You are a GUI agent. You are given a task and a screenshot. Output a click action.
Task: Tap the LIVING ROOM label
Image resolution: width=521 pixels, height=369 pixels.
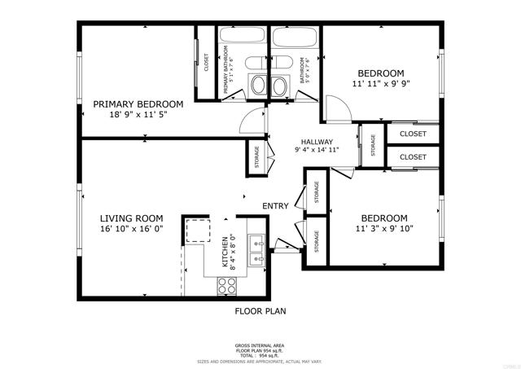(131, 218)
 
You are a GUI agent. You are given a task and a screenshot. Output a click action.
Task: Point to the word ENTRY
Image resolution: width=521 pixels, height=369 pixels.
(275, 206)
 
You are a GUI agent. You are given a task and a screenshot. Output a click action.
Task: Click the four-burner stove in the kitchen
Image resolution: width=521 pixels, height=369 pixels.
(226, 286)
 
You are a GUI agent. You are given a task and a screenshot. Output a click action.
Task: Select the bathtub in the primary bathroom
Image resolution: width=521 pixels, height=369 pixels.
(241, 38)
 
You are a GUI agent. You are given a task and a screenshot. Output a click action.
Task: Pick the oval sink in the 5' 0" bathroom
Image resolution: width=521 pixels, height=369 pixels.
(279, 85)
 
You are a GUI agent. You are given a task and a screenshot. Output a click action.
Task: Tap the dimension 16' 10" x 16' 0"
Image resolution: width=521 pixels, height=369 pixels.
(131, 230)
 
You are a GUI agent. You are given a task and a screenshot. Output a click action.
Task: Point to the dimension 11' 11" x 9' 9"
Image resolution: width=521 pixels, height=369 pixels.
(381, 83)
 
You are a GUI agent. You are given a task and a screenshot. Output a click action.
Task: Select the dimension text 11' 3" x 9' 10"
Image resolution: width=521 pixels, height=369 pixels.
(383, 229)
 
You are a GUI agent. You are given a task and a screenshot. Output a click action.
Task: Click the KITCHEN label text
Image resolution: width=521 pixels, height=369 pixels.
(225, 253)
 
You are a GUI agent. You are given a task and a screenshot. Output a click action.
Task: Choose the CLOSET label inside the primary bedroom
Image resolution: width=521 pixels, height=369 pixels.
(206, 63)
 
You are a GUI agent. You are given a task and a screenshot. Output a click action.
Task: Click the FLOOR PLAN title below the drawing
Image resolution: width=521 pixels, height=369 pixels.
(260, 310)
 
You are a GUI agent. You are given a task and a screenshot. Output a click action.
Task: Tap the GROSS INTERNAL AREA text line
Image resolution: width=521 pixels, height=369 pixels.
(260, 345)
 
